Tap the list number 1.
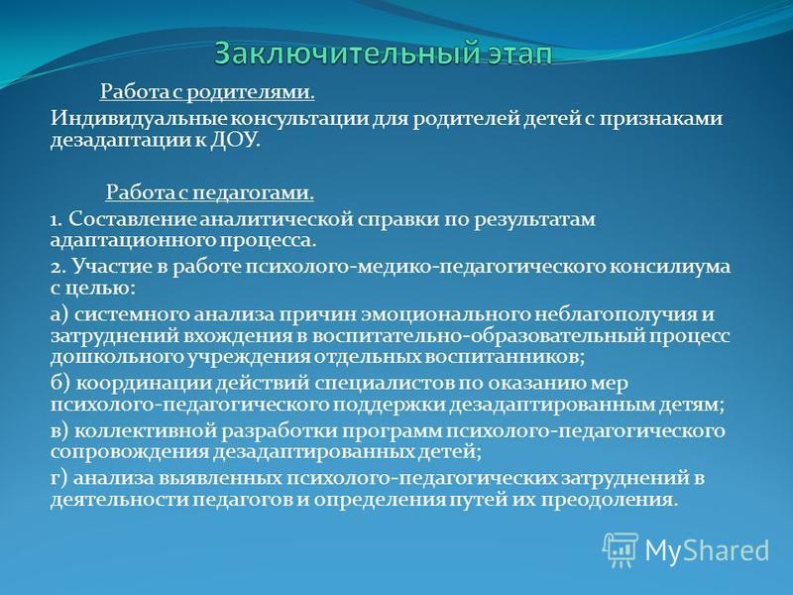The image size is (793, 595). [x=56, y=220]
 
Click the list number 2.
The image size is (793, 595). [x=57, y=267]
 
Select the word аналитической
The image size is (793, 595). [x=277, y=220]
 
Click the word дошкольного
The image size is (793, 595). [x=117, y=357]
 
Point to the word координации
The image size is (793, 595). [x=144, y=383]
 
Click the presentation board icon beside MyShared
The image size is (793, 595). [x=621, y=549]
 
